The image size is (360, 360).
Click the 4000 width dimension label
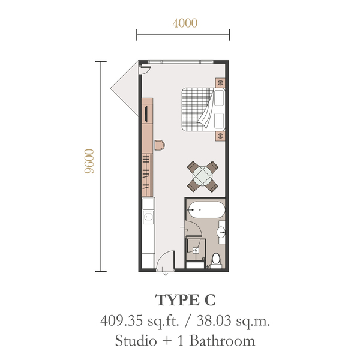tap(185, 23)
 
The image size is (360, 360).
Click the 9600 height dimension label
tap(89, 161)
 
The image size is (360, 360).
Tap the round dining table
tap(203, 176)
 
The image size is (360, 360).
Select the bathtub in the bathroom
tap(205, 210)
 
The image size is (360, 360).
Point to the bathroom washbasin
tap(221, 232)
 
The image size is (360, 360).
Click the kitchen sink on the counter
tap(148, 217)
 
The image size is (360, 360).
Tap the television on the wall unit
tap(146, 113)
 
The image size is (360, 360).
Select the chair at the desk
tap(159, 145)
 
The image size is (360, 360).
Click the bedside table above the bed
tap(220, 82)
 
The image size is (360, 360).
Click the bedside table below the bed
tap(220, 136)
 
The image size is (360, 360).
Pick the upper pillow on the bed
tap(219, 98)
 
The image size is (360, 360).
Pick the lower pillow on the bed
tap(219, 121)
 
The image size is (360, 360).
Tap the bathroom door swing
tap(194, 229)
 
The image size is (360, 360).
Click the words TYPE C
tap(185, 300)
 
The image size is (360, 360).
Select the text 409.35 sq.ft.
tap(140, 321)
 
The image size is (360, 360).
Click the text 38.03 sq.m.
tap(233, 321)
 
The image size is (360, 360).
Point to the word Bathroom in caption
tap(222, 341)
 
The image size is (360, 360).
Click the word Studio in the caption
tap(136, 341)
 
